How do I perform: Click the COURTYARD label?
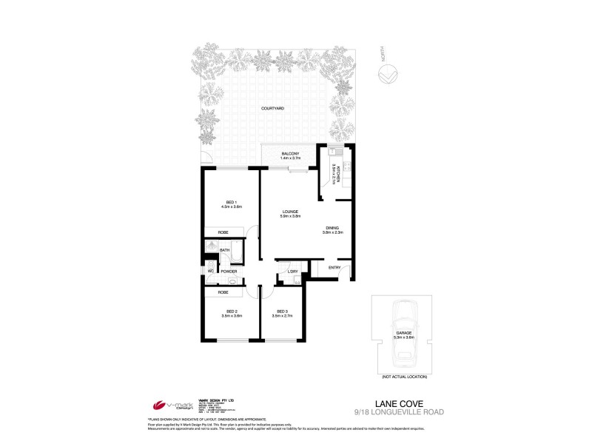coord(273,109)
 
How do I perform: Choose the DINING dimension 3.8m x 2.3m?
coord(333,233)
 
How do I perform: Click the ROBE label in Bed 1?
coord(223,233)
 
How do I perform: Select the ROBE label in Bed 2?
coord(223,292)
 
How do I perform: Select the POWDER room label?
coord(229,271)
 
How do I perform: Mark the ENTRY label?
coord(334,267)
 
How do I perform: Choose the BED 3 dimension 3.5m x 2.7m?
coord(282,316)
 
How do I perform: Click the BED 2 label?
coord(232,311)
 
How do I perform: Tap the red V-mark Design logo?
coord(157,406)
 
